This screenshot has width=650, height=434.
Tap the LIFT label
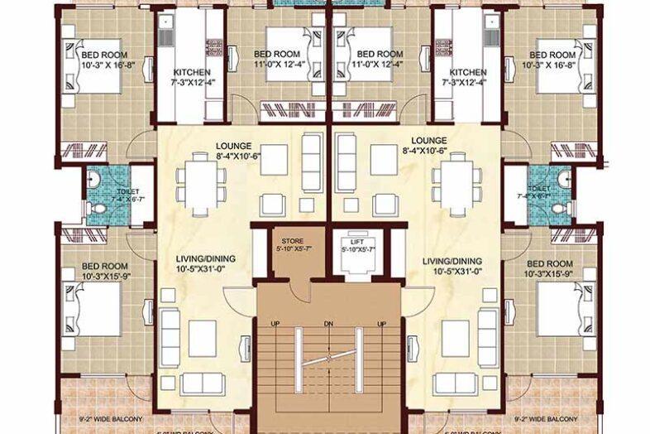[x=357, y=241]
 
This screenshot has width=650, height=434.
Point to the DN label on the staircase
[x=328, y=323]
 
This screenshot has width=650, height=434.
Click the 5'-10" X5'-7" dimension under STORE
[x=290, y=250]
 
